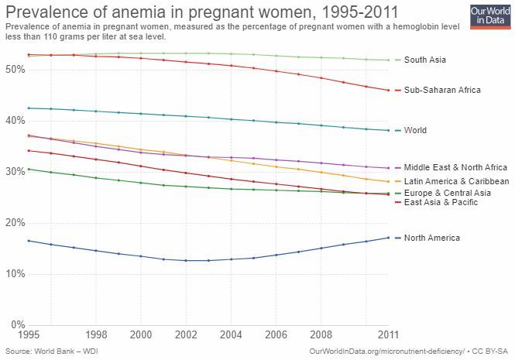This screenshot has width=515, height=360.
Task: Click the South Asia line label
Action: tap(425, 60)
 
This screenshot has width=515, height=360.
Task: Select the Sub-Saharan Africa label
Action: tap(442, 90)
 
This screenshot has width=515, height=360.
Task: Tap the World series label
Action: tap(415, 130)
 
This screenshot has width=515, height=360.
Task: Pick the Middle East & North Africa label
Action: tap(455, 167)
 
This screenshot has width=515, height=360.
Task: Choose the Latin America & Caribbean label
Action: tap(457, 181)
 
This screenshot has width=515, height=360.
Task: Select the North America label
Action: tap(431, 238)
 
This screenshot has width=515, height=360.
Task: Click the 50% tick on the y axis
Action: tap(15, 69)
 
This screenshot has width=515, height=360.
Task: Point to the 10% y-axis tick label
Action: tap(15, 273)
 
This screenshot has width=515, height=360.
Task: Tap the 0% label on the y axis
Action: tap(18, 324)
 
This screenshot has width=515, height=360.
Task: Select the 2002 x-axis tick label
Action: tap(185, 335)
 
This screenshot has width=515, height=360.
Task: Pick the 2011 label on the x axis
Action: tap(388, 335)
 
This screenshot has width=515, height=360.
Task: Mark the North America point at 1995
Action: tap(29, 241)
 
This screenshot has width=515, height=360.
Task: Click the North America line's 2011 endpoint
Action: tap(388, 238)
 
